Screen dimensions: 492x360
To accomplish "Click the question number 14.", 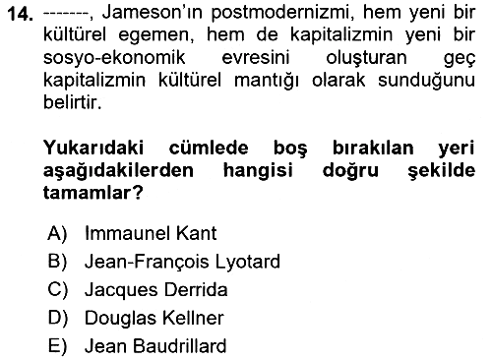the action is point(21,14).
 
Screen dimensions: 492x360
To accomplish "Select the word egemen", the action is point(156,35).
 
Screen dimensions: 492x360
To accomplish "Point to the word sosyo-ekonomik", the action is point(114,57).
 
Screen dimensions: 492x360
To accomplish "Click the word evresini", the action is point(256,57).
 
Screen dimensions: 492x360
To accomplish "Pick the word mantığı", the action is point(267,81).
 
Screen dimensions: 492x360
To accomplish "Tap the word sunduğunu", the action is point(427,81).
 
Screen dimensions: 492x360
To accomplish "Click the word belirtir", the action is point(73,102).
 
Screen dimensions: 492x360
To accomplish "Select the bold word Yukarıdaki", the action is point(93,148).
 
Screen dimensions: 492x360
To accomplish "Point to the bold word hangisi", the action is point(258,171).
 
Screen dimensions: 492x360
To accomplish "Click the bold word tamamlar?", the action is point(93,193).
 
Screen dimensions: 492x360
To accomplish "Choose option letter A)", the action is point(57,233).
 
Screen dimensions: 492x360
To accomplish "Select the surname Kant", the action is point(196,233).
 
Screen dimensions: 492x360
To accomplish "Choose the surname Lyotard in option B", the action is point(248,262).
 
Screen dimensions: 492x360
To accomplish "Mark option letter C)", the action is point(58,290).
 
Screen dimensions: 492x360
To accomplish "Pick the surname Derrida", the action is point(196,290).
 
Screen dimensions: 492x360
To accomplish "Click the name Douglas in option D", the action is point(121,318).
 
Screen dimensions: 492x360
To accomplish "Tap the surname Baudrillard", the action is point(180,346).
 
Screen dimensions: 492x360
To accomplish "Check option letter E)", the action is point(57,346).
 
